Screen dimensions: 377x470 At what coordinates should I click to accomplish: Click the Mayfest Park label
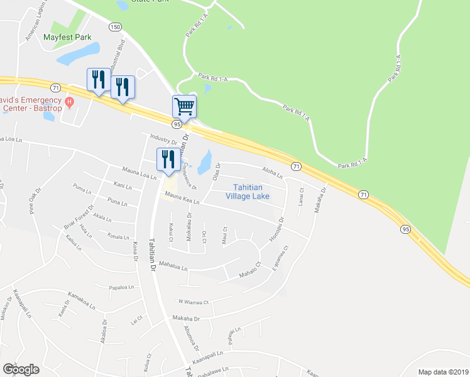point(67,37)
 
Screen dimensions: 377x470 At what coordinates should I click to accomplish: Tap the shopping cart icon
point(185,106)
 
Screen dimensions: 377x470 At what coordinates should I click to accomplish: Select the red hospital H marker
point(70,101)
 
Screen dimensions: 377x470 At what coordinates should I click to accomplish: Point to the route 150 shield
point(114,26)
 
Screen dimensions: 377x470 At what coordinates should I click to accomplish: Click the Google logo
point(21,369)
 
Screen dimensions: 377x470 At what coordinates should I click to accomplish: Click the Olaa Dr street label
point(216,172)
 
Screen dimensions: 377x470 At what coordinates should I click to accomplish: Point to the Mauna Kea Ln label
point(182,199)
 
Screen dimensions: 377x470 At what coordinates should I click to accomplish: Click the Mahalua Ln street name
point(173,266)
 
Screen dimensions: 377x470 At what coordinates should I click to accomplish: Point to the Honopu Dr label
point(279,228)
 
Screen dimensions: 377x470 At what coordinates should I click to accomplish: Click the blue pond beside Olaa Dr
point(205,162)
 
